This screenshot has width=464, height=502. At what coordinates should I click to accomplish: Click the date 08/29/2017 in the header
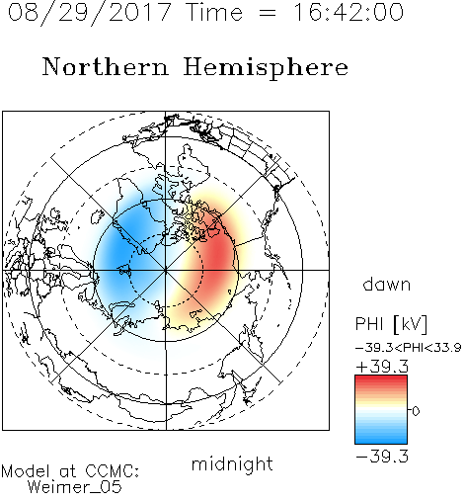89,13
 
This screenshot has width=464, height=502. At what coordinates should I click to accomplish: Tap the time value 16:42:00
348,13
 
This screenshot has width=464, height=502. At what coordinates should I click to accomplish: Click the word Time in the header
214,13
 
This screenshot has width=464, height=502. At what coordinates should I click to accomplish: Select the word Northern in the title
106,66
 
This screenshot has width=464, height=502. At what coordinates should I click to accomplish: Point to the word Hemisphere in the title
266,68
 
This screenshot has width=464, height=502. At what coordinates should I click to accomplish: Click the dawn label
387,284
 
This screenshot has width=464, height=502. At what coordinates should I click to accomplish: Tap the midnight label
232,464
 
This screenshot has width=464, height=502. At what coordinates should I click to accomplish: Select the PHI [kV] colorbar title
391,324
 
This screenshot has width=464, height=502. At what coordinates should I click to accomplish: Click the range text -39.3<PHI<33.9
409,348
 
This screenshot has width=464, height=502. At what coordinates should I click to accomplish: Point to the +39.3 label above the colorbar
382,367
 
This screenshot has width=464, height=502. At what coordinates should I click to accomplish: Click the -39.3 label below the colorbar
382,457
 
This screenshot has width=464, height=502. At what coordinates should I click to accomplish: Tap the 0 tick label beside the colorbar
416,411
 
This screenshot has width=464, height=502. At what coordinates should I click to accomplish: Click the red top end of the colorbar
381,378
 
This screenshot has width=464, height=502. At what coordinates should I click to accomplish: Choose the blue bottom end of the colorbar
381,440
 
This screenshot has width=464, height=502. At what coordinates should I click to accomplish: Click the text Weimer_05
75,487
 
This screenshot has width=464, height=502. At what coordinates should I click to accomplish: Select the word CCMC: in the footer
113,471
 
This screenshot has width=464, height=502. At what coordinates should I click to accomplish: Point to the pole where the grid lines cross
166,270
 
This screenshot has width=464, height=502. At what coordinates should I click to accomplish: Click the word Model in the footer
26,471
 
